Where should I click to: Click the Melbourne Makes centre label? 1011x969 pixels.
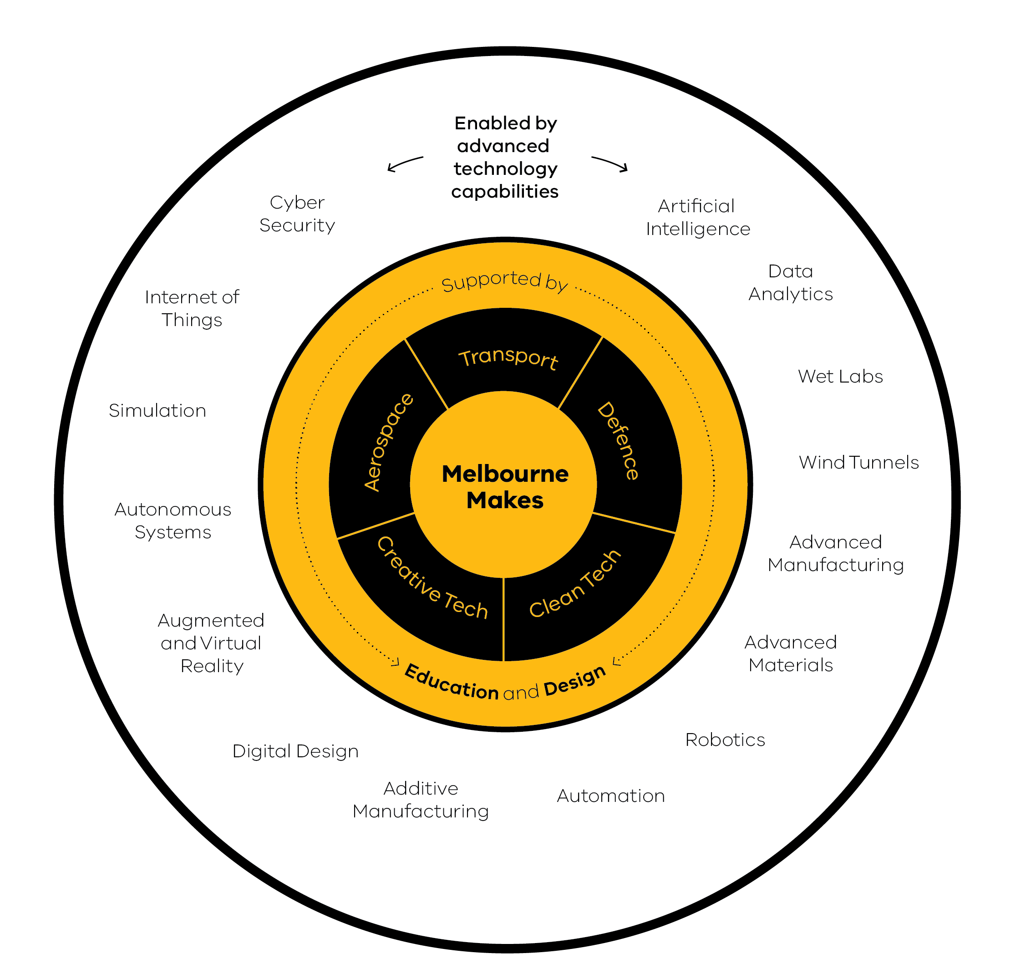coord(505,487)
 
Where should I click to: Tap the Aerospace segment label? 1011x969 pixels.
coord(388,443)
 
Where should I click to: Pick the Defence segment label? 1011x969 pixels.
coord(619,441)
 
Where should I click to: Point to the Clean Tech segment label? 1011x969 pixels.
coord(575,584)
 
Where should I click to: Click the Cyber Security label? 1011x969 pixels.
coord(297,214)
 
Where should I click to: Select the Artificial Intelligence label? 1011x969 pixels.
coord(697,217)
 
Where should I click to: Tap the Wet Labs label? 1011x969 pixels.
coord(840,377)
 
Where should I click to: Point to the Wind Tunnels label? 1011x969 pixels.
coord(859,462)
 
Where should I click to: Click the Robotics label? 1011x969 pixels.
coord(725,740)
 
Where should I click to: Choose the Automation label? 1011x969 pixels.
coord(611,796)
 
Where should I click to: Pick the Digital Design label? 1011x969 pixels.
coord(295,751)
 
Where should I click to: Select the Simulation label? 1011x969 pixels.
coord(157,411)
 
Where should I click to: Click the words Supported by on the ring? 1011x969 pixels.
coord(504,282)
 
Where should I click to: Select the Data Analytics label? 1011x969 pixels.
coord(790,283)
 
